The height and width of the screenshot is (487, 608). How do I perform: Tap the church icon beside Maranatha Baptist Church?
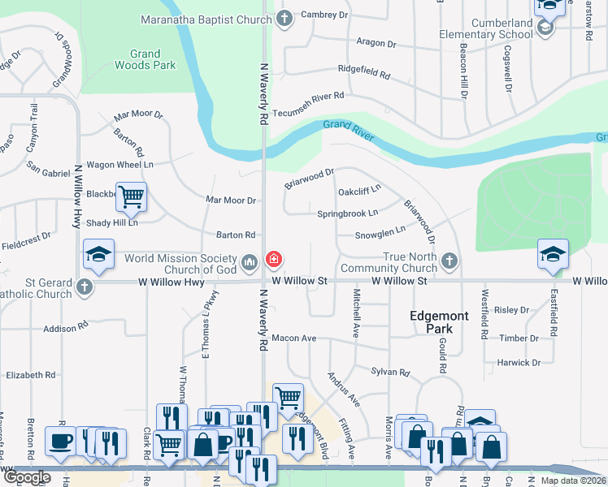(x=284, y=18)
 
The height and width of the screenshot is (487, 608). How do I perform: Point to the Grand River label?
(x=348, y=128)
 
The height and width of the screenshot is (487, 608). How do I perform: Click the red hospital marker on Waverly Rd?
(x=274, y=260)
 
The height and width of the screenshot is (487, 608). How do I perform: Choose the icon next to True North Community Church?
(x=449, y=261)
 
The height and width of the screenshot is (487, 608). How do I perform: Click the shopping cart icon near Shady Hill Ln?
(x=130, y=196)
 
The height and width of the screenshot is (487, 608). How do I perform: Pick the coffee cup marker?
(x=60, y=441)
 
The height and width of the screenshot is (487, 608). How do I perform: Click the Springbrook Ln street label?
(x=347, y=213)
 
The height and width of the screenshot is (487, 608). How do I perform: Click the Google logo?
(x=26, y=477)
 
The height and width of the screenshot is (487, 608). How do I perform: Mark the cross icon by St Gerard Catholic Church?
(x=84, y=287)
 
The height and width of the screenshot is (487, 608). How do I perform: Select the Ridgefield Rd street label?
(x=364, y=72)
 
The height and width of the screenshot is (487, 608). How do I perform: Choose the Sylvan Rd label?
(x=391, y=372)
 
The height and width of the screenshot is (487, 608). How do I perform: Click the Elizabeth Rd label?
(x=30, y=376)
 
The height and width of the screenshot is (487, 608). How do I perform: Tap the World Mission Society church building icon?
(x=249, y=261)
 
